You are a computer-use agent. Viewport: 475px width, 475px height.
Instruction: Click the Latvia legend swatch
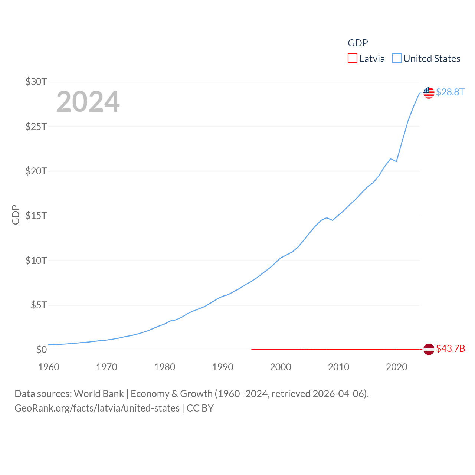352,59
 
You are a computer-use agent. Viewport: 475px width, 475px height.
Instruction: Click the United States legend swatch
397,59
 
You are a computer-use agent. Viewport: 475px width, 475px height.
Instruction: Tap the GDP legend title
358,43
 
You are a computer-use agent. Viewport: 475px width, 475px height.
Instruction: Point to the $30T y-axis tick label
36,82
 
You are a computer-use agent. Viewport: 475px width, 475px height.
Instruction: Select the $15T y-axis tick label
36,216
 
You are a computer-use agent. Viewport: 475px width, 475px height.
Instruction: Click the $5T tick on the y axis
39,305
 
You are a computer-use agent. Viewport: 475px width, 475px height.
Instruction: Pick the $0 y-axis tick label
41,350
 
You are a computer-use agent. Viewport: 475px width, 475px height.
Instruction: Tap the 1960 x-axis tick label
49,367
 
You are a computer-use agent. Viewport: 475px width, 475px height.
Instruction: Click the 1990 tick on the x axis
223,367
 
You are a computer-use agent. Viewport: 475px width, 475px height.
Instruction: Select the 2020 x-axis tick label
396,367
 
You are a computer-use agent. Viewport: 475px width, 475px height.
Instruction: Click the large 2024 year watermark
88,102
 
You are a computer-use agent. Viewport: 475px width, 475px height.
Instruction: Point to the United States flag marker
429,93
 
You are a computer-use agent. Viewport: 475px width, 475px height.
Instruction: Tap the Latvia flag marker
429,349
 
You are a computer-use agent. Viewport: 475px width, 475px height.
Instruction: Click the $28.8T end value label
450,92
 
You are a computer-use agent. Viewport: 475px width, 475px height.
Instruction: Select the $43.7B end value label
451,348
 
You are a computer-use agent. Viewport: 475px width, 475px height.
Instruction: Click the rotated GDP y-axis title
16,214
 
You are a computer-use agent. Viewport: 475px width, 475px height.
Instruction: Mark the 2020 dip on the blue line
396,161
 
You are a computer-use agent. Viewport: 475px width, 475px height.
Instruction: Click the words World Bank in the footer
99,394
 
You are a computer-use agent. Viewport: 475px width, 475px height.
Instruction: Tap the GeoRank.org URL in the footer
97,408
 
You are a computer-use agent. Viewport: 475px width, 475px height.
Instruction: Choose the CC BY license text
200,408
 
